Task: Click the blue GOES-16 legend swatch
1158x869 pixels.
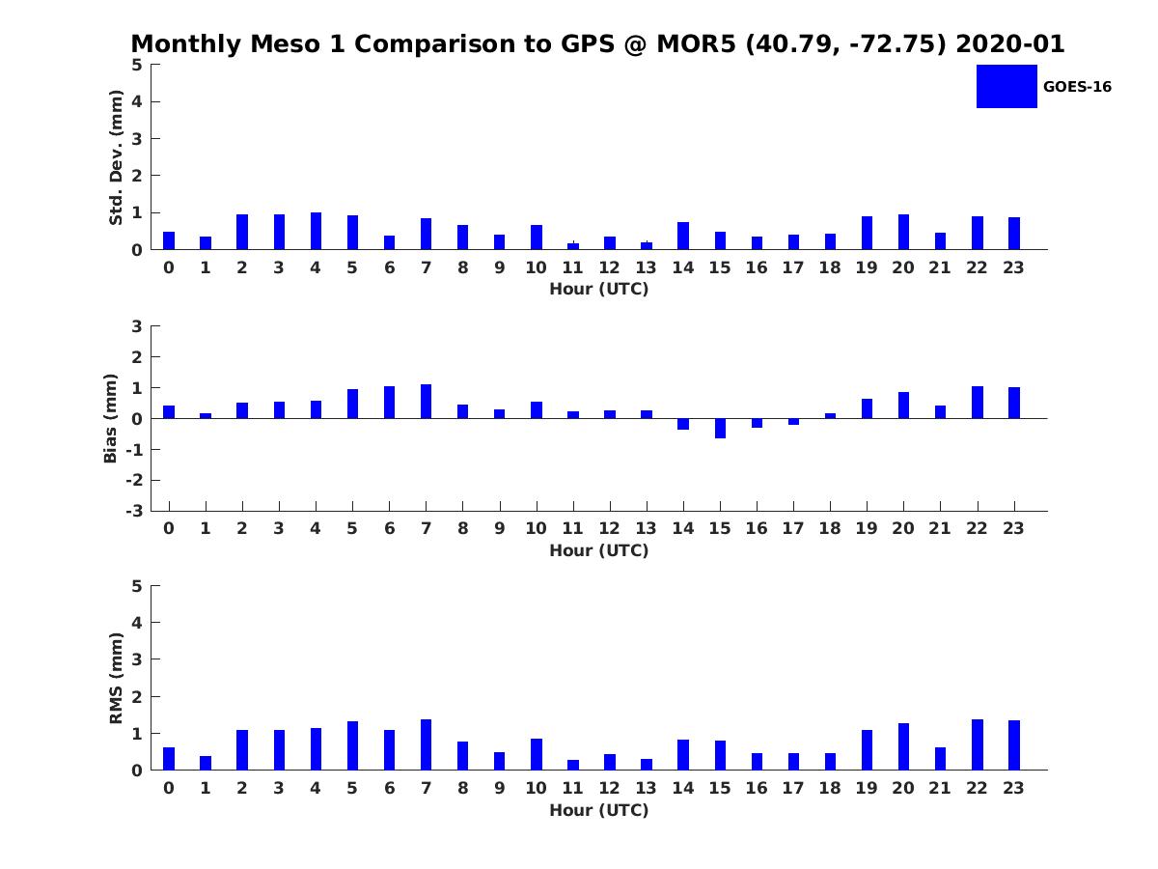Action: click(1006, 86)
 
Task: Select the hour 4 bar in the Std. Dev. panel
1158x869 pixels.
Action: click(316, 231)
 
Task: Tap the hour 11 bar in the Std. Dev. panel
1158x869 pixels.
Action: click(573, 245)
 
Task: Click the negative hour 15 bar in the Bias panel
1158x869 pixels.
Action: click(720, 428)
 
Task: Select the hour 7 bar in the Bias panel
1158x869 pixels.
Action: click(426, 402)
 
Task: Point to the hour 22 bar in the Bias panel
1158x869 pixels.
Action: click(977, 403)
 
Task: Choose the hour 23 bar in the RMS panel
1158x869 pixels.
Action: click(1013, 745)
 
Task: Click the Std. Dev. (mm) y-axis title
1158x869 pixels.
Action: click(116, 157)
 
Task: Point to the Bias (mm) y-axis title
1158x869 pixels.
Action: click(110, 418)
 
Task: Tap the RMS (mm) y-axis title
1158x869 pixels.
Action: click(116, 678)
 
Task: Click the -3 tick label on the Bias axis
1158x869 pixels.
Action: click(137, 511)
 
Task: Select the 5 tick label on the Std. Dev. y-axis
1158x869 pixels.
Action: click(138, 65)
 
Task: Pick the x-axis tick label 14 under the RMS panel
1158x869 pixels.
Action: click(683, 788)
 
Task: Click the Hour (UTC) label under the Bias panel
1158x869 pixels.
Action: click(598, 550)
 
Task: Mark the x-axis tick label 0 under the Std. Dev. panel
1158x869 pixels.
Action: click(169, 267)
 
